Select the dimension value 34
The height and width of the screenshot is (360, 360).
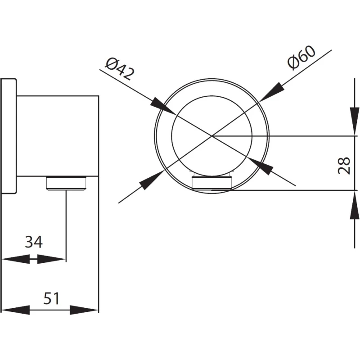[33, 242]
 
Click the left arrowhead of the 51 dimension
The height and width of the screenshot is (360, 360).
[15, 310]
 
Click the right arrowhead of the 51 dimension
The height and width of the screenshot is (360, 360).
[84, 310]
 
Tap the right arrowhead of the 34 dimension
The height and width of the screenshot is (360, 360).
[52, 259]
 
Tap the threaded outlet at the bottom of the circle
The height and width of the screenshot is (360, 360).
[211, 183]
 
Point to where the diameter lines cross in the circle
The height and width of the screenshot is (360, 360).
[211, 135]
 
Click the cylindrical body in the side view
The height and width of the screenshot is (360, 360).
[58, 135]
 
